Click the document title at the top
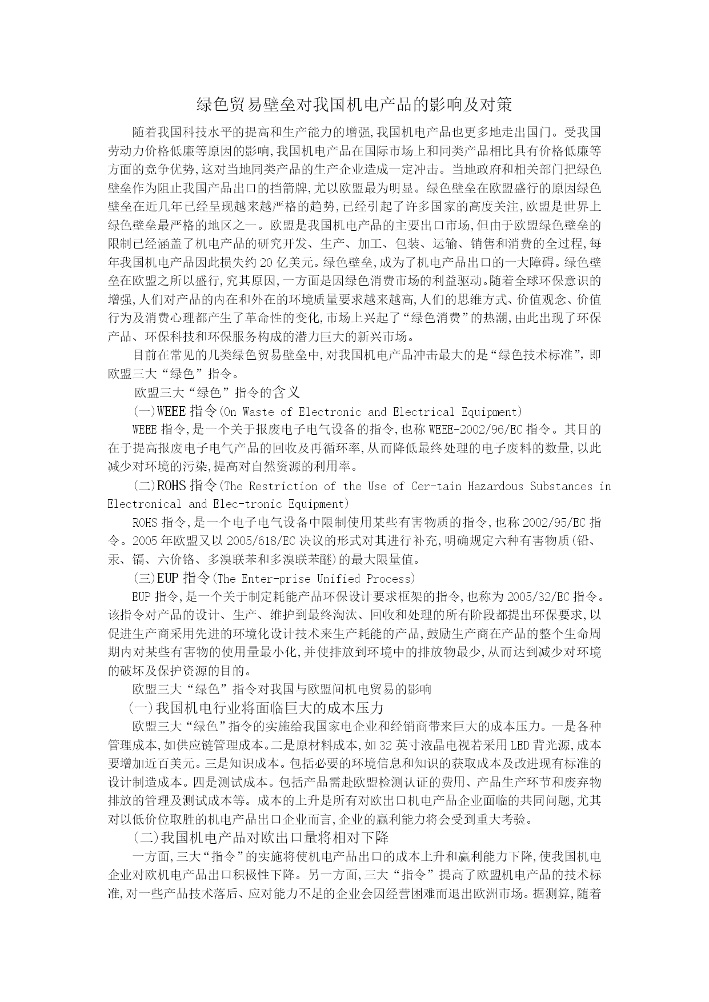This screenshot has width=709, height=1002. click(354, 105)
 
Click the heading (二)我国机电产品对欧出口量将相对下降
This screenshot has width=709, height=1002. click(261, 838)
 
